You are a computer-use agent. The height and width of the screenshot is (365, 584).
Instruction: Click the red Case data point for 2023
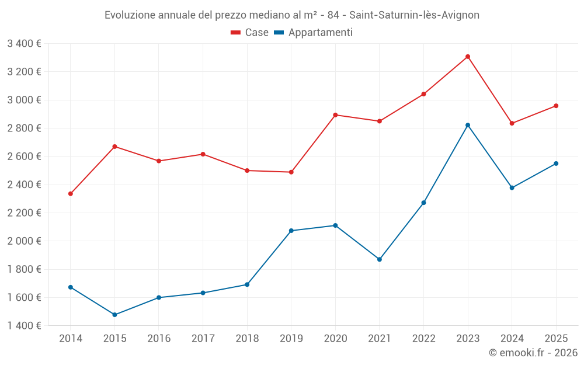[x=468, y=57]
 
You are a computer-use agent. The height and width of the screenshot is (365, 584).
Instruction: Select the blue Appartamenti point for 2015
[x=114, y=315]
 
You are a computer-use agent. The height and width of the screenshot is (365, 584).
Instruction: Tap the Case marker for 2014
[x=71, y=194]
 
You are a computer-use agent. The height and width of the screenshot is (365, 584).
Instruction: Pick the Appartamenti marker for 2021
[x=380, y=259]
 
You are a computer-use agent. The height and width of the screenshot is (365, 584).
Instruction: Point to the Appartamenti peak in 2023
[x=468, y=125]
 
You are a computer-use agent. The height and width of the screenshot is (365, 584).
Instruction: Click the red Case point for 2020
[x=335, y=115]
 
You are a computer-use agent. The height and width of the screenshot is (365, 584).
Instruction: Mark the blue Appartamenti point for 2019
[x=291, y=231]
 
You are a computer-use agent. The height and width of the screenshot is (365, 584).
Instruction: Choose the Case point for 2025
[x=556, y=106]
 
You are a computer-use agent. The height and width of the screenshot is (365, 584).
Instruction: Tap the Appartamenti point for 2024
[x=512, y=187]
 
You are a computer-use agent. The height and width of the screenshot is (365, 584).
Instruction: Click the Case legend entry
[x=250, y=33]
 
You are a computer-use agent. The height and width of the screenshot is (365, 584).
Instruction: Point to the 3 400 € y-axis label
[x=24, y=43]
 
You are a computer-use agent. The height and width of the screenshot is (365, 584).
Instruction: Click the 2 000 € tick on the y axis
[x=24, y=241]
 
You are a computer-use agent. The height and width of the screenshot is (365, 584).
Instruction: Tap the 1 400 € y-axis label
[x=24, y=326]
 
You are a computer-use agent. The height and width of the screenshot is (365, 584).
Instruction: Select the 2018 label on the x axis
[x=247, y=339]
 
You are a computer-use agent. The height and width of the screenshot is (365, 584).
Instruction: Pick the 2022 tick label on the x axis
[x=423, y=339]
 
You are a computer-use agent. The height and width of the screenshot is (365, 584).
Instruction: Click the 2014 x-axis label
[x=71, y=339]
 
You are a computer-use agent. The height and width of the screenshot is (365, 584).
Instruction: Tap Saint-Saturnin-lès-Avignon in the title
[x=414, y=15]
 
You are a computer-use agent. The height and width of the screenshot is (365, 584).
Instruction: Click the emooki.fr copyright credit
[x=533, y=353]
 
